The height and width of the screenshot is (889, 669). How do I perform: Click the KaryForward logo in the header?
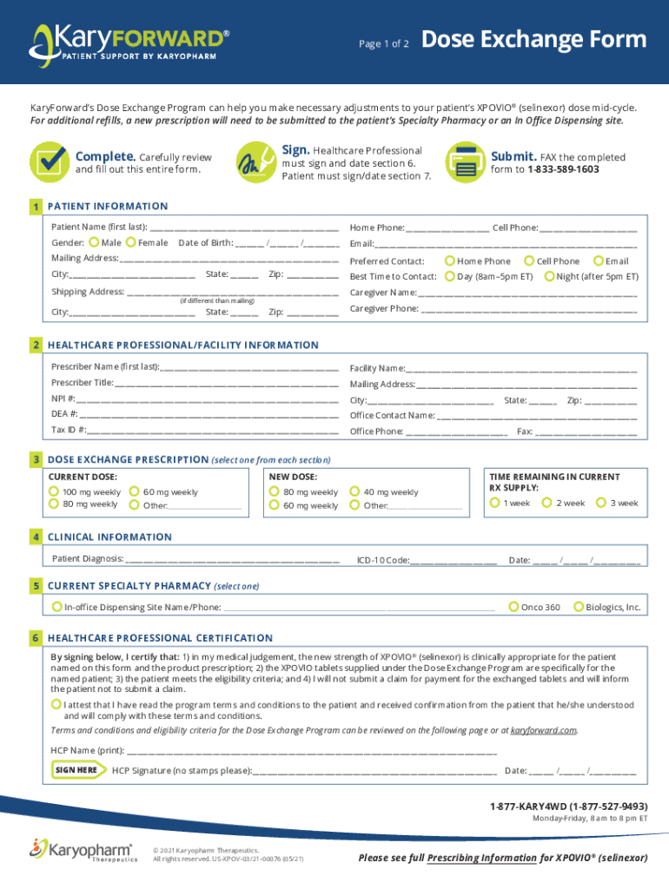[130, 43]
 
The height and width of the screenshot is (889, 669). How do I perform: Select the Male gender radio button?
[94, 242]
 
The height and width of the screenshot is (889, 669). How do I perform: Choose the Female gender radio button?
[131, 242]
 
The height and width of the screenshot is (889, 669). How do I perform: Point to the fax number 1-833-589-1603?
[563, 169]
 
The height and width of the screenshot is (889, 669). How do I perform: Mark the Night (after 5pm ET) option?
[549, 276]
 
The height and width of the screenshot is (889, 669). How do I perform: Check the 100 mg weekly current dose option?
[55, 491]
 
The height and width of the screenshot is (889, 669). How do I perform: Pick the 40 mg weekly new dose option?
[356, 491]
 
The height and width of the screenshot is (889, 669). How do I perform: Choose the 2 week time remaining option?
[547, 503]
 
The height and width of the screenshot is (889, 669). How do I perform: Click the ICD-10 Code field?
[453, 561]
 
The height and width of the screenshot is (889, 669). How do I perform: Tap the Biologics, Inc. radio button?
[579, 607]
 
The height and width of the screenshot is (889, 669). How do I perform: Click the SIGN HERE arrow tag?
[78, 770]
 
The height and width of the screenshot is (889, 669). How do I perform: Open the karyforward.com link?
[543, 730]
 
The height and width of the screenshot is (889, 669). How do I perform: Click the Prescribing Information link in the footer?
[481, 858]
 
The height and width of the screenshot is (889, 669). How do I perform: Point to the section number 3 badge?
[36, 458]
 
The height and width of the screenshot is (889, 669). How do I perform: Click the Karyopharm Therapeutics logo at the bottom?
[83, 850]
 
